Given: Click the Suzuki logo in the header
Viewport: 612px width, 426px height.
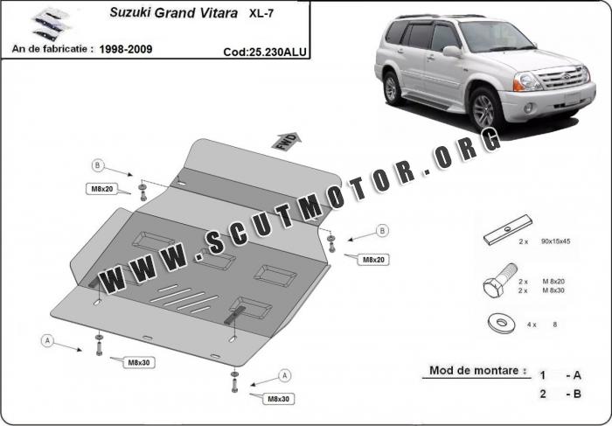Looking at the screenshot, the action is [51, 24].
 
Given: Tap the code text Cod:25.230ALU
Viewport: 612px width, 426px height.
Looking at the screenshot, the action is [265, 52].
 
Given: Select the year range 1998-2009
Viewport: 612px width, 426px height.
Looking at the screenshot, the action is [126, 49].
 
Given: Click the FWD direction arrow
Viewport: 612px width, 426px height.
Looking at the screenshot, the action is [287, 141].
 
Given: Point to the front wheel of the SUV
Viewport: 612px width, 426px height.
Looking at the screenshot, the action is [484, 109].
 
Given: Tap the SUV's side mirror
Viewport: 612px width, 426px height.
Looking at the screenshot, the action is [452, 51].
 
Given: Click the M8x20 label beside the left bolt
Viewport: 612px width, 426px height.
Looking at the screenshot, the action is [102, 189].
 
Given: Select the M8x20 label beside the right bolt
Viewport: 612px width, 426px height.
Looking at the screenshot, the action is [373, 260].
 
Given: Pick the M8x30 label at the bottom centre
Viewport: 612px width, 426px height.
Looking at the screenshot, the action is [278, 399].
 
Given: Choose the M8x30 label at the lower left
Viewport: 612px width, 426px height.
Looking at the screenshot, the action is [139, 363].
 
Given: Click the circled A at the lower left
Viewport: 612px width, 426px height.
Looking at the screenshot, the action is [47, 341].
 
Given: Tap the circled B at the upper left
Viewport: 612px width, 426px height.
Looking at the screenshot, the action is [98, 165].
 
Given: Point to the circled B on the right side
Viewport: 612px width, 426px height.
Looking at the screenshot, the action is [382, 231].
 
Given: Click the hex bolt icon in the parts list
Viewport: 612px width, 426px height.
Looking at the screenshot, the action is [499, 281].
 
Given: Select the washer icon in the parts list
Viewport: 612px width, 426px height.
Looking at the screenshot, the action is [502, 324].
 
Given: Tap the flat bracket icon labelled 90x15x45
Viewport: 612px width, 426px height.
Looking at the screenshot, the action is [507, 229].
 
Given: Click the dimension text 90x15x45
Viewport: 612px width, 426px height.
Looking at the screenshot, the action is [555, 241].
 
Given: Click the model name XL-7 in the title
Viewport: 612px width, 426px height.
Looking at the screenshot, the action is [261, 14].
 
